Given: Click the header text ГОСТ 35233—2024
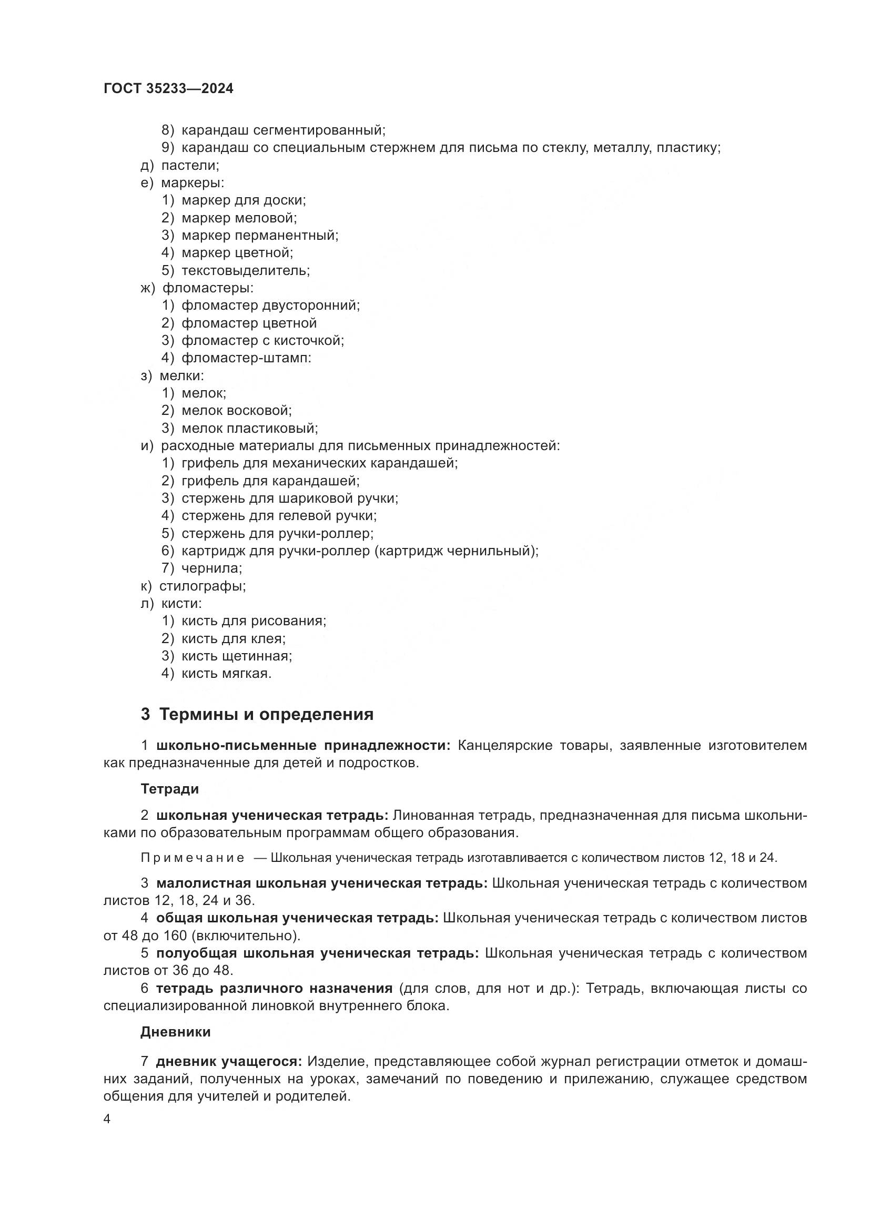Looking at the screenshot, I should click(x=168, y=89).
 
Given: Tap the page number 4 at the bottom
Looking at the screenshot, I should click(x=107, y=1119).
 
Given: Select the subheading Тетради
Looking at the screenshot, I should click(x=169, y=789).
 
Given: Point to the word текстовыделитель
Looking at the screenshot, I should click(x=245, y=270).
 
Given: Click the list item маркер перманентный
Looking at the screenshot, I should click(x=260, y=235).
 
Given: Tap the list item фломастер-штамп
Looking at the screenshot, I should click(x=246, y=358).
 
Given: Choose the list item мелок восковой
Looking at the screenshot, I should click(x=236, y=410).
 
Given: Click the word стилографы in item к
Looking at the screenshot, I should click(x=202, y=585).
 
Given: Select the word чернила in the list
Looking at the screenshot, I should click(x=211, y=568).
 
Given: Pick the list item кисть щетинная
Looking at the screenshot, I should click(x=236, y=656).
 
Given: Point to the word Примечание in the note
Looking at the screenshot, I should click(x=193, y=858).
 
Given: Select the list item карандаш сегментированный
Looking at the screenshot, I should click(x=283, y=130).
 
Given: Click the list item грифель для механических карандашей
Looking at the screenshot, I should click(x=319, y=463).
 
